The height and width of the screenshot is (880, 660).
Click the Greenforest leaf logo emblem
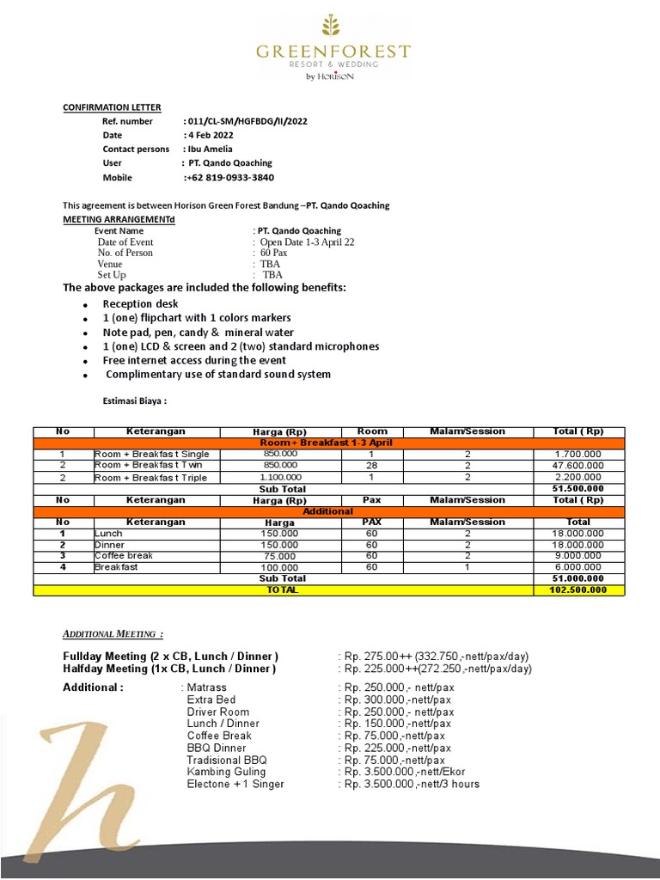[332, 27]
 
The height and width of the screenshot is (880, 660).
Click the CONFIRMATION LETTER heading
[112, 107]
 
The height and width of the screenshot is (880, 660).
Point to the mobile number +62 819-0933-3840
[229, 177]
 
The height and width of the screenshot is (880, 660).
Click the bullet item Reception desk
[141, 304]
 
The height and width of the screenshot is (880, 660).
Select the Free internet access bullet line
[194, 360]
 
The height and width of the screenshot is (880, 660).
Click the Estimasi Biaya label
[135, 400]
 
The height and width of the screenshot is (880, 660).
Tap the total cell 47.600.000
[578, 465]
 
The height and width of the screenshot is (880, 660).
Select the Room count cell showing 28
[372, 465]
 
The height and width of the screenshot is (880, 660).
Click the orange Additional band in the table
[328, 510]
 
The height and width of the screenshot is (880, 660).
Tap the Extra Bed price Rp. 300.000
[397, 700]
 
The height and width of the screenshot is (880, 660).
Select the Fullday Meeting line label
[170, 657]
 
